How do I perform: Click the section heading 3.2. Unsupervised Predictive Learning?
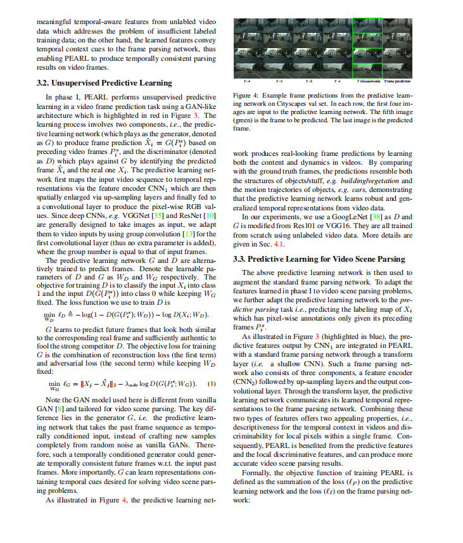tap(105, 83)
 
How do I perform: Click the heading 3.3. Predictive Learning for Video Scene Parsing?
tap(319, 259)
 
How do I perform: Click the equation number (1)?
tap(212, 383)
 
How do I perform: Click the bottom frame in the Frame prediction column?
tap(397, 68)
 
